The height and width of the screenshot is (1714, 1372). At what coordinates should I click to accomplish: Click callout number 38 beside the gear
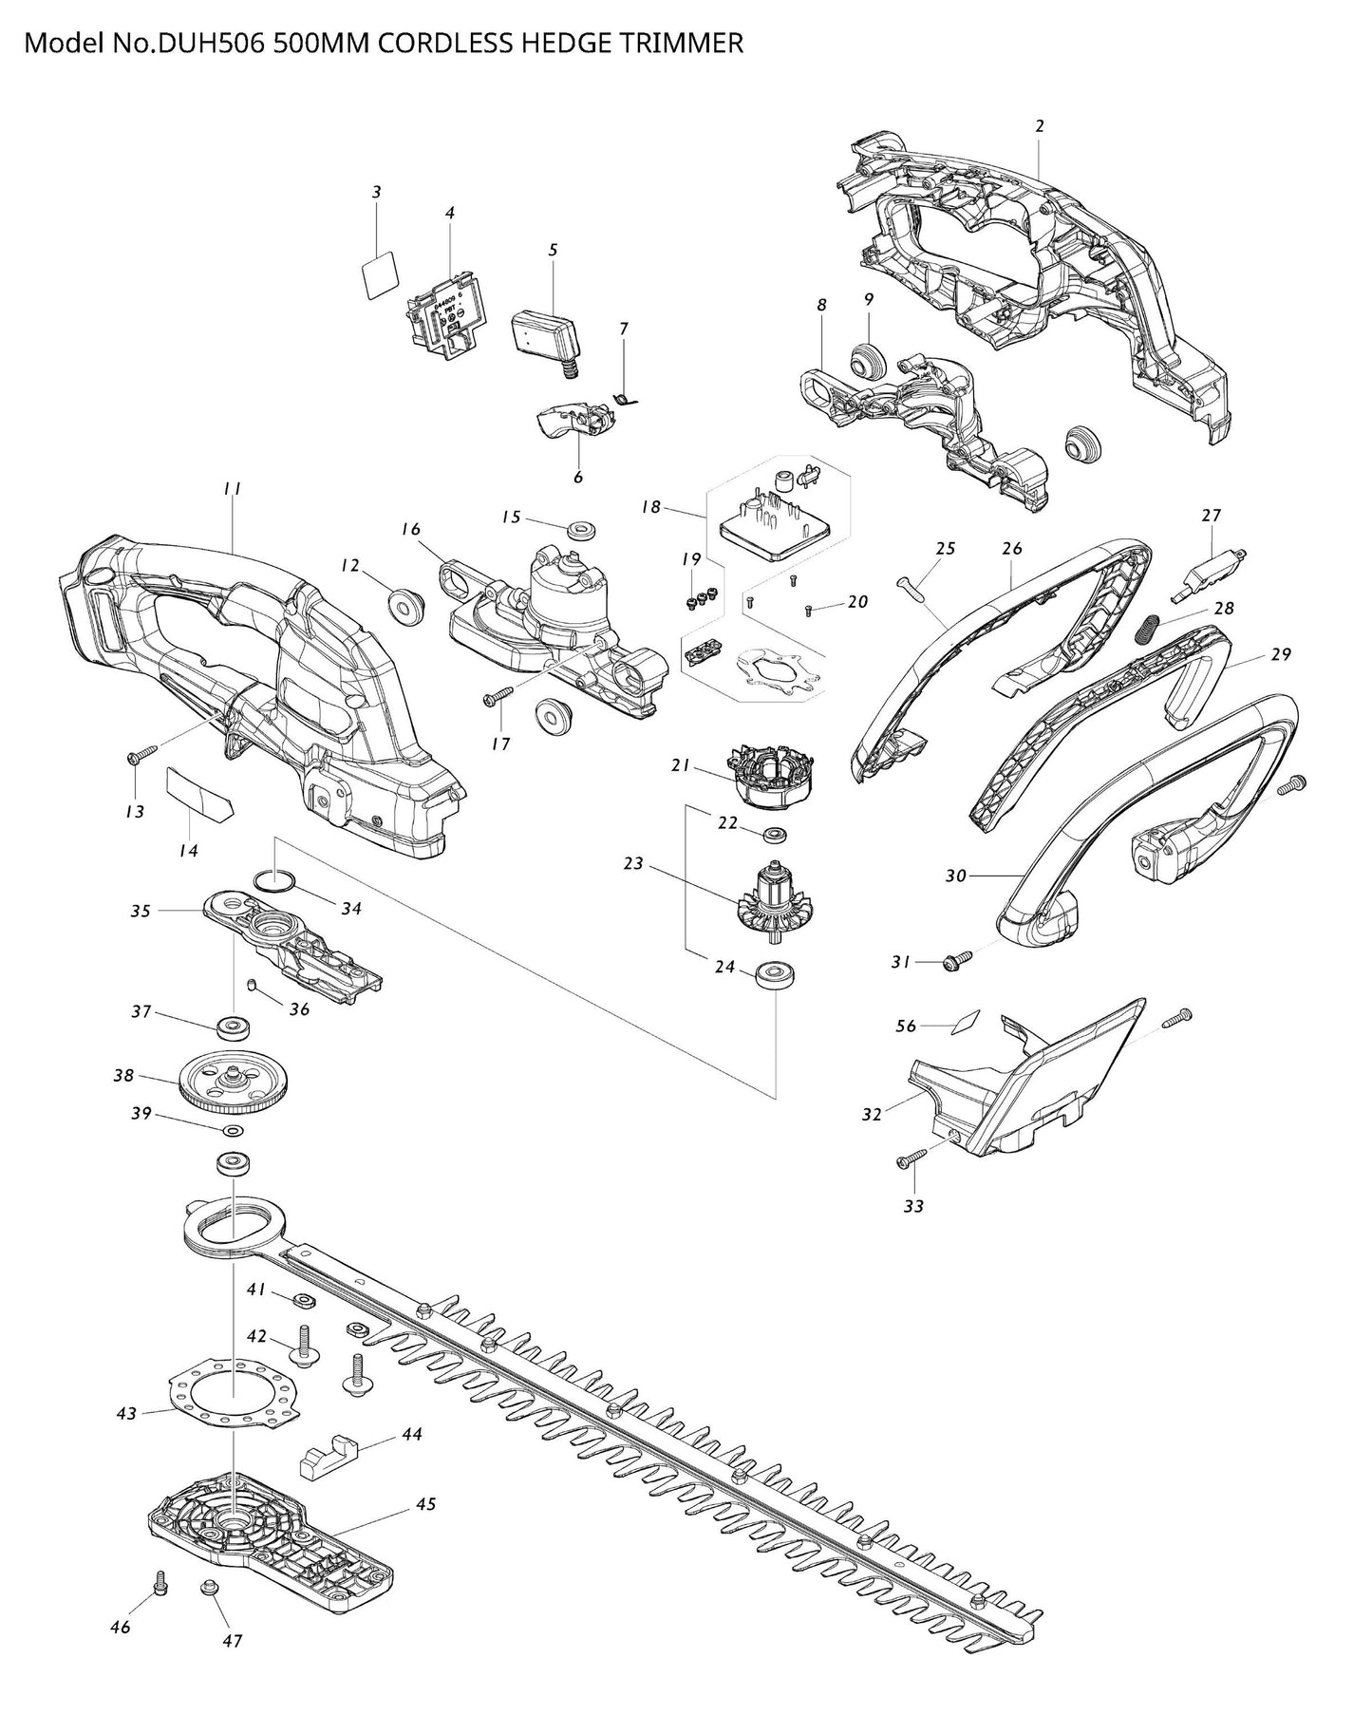point(123,1076)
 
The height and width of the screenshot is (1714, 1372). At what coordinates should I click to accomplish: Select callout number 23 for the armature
point(633,863)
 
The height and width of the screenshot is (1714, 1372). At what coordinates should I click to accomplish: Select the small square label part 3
point(380,274)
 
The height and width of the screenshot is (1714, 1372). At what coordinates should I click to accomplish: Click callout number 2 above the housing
point(1040,125)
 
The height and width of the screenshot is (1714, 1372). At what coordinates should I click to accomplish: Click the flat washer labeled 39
point(232,1130)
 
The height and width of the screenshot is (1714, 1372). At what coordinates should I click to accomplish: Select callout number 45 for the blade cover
point(425,1503)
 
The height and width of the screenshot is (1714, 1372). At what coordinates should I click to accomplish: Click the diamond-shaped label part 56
point(965,1022)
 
